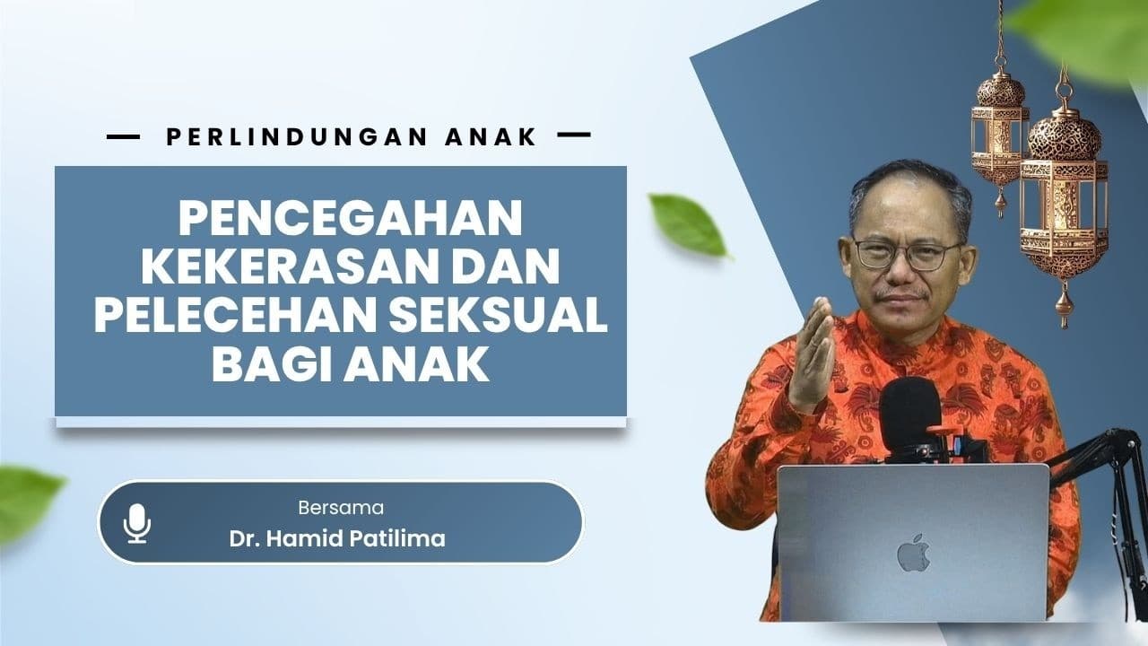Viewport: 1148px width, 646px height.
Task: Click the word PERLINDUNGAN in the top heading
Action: click(x=297, y=136)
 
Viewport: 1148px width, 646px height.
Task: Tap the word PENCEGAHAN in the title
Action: click(x=351, y=218)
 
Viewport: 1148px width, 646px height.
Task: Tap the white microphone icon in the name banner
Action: click(x=137, y=523)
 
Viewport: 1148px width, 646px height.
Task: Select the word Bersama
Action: click(x=341, y=508)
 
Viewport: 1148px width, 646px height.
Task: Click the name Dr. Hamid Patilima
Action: click(x=337, y=539)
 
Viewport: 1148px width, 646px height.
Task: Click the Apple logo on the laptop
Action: click(x=913, y=553)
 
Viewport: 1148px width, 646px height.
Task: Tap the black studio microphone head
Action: click(x=910, y=415)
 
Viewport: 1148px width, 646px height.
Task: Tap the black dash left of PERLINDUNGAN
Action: click(x=123, y=136)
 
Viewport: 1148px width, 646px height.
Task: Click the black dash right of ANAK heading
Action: click(x=574, y=135)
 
